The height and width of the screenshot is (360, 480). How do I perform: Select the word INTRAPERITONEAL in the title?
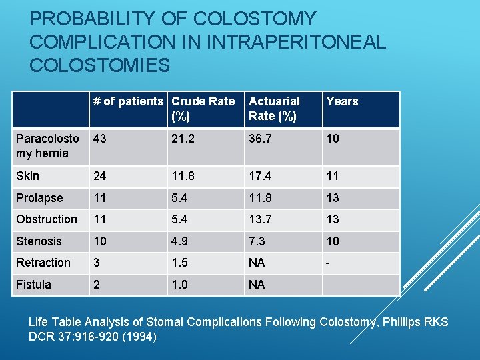[x=295, y=42]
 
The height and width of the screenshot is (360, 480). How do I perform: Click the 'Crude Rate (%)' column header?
[x=203, y=108]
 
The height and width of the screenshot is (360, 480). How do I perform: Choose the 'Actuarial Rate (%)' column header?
[x=274, y=108]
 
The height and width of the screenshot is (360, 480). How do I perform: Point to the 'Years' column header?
[x=342, y=101]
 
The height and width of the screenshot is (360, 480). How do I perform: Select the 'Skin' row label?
[x=27, y=176]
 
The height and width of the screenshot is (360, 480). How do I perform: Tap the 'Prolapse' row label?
[x=39, y=198]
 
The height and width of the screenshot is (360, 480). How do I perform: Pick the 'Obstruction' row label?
[x=47, y=219]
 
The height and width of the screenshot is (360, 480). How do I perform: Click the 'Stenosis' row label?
[x=39, y=241]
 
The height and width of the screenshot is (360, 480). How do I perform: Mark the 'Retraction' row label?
[x=43, y=263]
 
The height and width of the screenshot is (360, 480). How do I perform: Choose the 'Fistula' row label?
[x=33, y=285]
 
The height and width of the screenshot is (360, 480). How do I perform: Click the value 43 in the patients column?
[x=100, y=139]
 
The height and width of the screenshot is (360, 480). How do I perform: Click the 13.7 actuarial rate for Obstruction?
[x=259, y=219]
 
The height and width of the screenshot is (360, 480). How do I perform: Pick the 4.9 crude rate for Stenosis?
[x=179, y=241]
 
